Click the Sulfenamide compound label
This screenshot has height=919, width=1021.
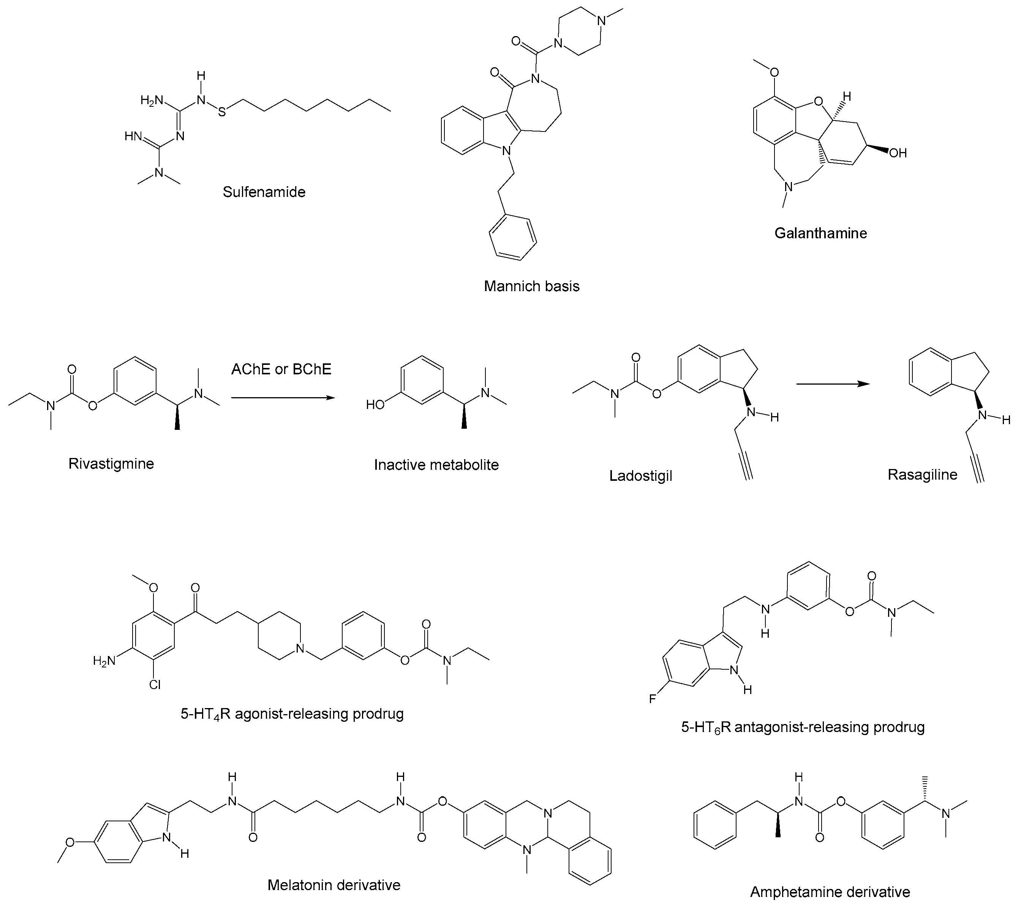[x=264, y=192]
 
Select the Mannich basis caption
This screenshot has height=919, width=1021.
[x=531, y=286]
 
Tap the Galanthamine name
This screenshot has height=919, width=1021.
[x=820, y=233]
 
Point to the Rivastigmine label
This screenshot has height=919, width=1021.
[x=111, y=464]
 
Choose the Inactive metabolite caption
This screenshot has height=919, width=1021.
[x=436, y=464]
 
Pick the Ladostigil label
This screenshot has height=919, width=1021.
[x=640, y=476]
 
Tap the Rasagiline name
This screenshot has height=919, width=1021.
[x=922, y=475]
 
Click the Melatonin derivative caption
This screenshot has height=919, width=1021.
[x=333, y=885]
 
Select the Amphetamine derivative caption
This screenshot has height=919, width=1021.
[x=830, y=892]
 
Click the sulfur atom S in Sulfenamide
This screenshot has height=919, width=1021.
[x=222, y=112]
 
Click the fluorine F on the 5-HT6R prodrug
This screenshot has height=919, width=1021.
[x=652, y=699]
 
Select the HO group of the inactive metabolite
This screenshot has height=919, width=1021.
[x=376, y=405]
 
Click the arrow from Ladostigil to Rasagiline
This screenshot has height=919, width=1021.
[x=833, y=384]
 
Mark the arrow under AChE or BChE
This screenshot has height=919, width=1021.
[x=283, y=398]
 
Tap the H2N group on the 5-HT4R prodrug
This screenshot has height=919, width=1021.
[x=104, y=661]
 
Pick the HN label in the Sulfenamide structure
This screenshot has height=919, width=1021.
[x=133, y=136]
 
